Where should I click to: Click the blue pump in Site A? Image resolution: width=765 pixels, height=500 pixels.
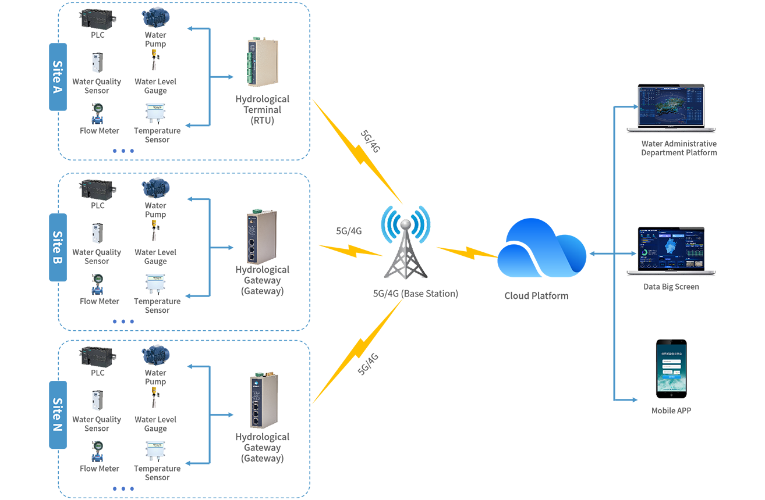(153, 17)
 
